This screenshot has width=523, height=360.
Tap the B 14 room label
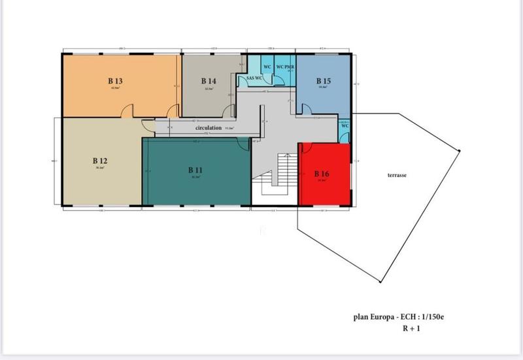(209, 81)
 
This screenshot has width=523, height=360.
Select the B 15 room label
(323, 81)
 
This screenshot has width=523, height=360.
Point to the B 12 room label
(99, 160)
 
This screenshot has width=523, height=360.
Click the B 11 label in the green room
(195, 170)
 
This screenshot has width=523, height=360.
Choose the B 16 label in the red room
(321, 174)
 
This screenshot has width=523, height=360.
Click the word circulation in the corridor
(209, 128)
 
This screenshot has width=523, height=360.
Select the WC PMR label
(284, 67)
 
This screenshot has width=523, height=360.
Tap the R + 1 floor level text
(412, 328)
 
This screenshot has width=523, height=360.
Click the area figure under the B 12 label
(99, 167)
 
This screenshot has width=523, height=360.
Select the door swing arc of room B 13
(130, 112)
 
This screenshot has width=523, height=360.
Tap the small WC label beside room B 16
(345, 124)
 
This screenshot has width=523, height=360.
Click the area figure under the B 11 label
(195, 176)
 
